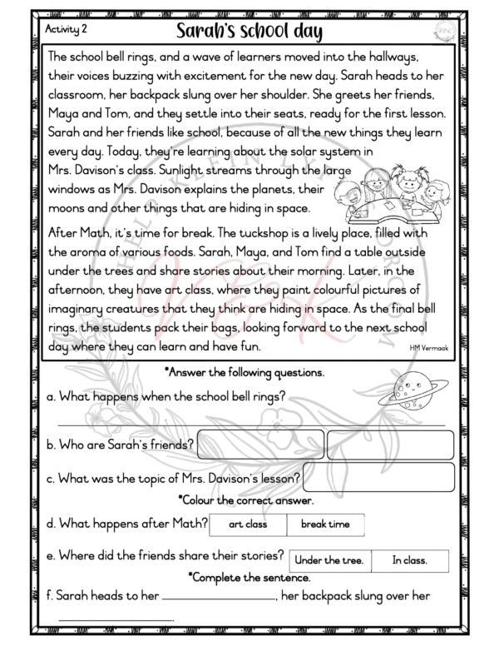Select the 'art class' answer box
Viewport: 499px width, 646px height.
(x=247, y=524)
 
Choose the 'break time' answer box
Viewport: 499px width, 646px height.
(x=325, y=524)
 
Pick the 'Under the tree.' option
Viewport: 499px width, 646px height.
(x=329, y=561)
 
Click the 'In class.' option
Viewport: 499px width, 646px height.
(x=409, y=561)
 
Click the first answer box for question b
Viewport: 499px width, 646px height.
(x=260, y=445)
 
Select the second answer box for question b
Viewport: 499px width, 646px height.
(x=390, y=445)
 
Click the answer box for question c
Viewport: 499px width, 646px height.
(x=378, y=477)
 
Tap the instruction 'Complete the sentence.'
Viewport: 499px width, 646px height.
(x=249, y=576)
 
